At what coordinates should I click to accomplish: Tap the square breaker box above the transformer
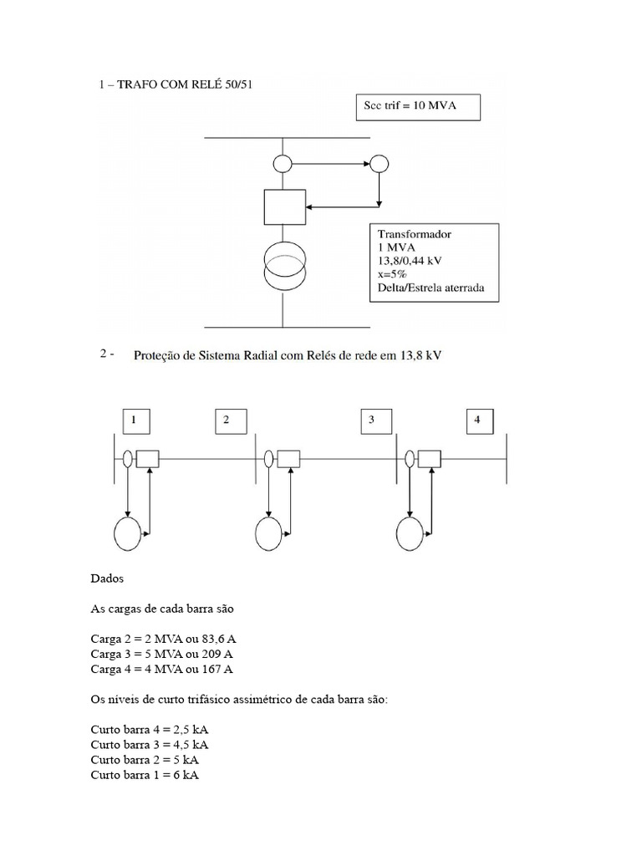pyautogui.click(x=284, y=206)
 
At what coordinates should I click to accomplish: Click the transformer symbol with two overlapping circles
pyautogui.click(x=284, y=264)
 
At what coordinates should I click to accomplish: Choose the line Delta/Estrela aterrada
pyautogui.click(x=432, y=290)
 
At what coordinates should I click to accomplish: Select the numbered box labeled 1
pyautogui.click(x=134, y=420)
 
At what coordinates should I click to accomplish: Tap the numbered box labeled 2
pyautogui.click(x=226, y=420)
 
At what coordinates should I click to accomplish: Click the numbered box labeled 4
pyautogui.click(x=477, y=420)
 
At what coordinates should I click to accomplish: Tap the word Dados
pyautogui.click(x=104, y=578)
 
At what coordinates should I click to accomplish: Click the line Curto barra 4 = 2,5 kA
pyautogui.click(x=149, y=729)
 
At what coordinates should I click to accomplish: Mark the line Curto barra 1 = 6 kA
pyautogui.click(x=144, y=775)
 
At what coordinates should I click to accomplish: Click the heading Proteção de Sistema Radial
pyautogui.click(x=288, y=356)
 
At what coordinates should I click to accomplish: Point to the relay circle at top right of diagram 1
pyautogui.click(x=380, y=164)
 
